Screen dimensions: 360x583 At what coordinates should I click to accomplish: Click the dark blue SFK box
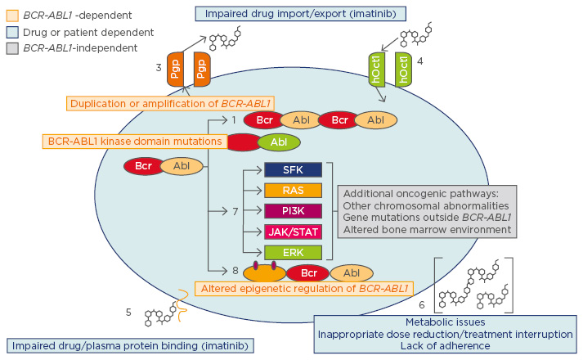(294, 169)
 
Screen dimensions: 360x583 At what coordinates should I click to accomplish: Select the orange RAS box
(294, 190)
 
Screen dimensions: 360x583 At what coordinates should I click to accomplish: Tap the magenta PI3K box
(294, 211)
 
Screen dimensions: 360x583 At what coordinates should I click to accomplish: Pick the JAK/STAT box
(294, 232)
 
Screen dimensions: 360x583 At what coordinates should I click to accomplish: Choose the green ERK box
(294, 253)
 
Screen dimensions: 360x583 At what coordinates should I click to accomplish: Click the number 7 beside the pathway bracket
(235, 211)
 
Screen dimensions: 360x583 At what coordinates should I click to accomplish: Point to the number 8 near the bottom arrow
(235, 269)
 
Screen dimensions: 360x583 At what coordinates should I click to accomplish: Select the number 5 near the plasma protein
(129, 312)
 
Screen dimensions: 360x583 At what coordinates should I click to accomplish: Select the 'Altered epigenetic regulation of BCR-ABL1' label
(303, 288)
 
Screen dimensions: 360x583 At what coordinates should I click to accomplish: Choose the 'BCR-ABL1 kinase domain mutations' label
(133, 141)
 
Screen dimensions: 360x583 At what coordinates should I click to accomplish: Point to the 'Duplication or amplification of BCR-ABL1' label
(170, 102)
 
